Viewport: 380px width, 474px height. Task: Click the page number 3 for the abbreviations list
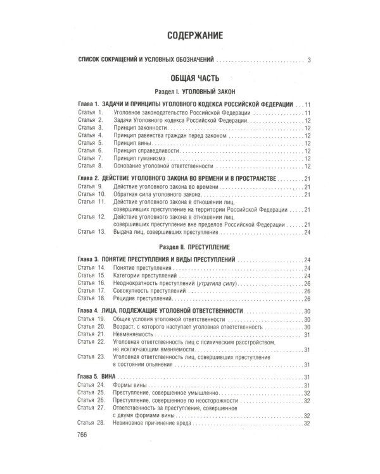point(308,61)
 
